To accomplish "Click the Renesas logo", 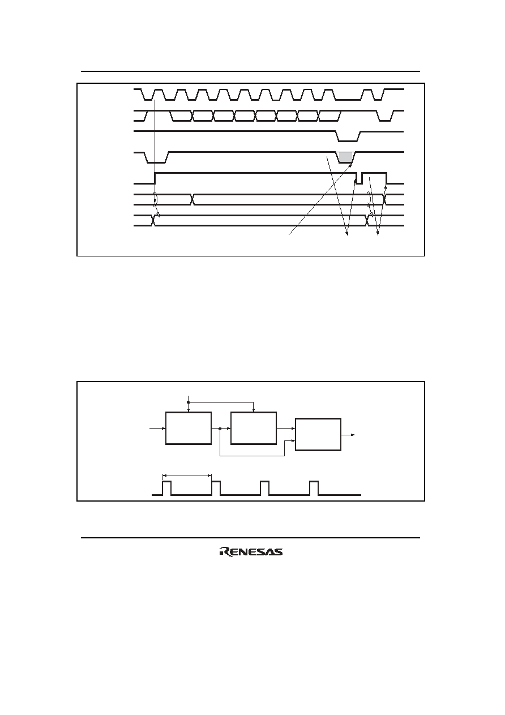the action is pos(251,551).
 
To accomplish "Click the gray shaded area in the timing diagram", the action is pos(346,157).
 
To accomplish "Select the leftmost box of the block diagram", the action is pos(189,428).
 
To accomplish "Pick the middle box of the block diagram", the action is pos(254,428).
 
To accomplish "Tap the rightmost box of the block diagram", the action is pos(318,434).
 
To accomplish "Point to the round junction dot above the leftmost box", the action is pos(189,402).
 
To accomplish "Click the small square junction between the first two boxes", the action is pos(220,429).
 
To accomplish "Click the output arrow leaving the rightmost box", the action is pos(348,435).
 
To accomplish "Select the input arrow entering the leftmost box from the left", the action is pos(158,429).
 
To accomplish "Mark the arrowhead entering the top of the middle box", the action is pos(254,410).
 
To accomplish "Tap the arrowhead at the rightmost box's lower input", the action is pos(293,440).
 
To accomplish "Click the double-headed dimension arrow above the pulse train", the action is pos(187,476).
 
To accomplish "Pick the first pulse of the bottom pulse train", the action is pos(167,488).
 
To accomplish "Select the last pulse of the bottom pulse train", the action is pos(314,488).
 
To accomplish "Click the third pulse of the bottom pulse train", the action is pos(265,488).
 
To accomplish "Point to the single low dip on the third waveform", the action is pos(348,136).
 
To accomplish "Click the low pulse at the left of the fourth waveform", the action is pos(156,158).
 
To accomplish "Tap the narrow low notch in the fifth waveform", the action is pos(359,178).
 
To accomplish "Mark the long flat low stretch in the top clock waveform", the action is pos(348,100).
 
